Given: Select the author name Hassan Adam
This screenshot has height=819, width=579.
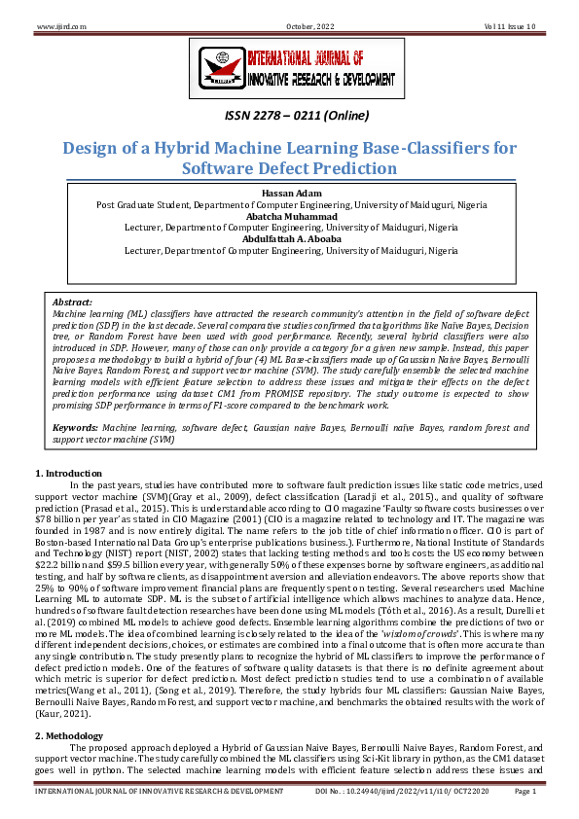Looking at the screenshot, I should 289,194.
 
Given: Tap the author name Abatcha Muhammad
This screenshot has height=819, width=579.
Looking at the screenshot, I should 289,216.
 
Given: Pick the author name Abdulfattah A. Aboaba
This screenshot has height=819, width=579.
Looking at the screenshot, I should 289,238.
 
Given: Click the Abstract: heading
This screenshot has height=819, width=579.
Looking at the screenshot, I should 71,303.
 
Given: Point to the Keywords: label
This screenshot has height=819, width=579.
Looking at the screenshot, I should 75,427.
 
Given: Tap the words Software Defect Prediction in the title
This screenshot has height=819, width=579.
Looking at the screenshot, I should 289,168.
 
